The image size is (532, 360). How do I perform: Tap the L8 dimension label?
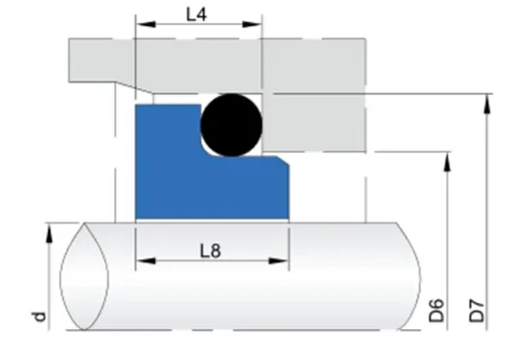tap(211, 251)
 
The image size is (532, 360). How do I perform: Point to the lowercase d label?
tap(38, 315)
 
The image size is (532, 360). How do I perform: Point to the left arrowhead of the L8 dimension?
tap(141, 260)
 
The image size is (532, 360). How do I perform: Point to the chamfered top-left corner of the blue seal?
tap(141, 107)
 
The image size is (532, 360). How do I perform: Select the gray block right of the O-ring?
tap(314, 122)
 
